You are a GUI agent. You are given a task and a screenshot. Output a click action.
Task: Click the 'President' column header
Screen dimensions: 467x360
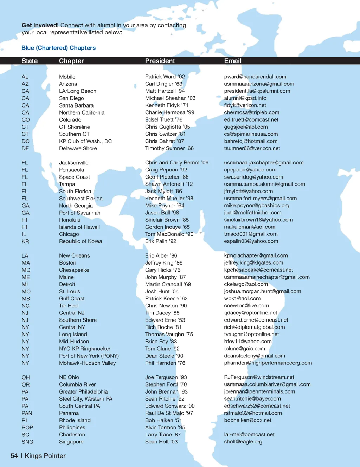pyautogui.click(x=160, y=61)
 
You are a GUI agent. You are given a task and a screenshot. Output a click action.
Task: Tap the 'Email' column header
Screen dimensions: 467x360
pyautogui.click(x=233, y=61)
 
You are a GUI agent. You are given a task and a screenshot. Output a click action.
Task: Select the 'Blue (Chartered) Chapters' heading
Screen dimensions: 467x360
pyautogui.click(x=58, y=48)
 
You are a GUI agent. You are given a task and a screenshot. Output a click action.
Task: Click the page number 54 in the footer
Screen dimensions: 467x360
pyautogui.click(x=14, y=456)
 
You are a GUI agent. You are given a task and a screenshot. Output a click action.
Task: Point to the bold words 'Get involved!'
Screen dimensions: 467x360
pyautogui.click(x=40, y=25)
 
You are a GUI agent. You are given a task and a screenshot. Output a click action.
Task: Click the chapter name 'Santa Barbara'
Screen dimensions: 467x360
pyautogui.click(x=76, y=105)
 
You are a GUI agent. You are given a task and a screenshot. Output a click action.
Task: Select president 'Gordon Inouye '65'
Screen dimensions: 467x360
pyautogui.click(x=167, y=227)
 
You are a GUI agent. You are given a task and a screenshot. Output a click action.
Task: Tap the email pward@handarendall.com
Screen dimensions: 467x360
pyautogui.click(x=255, y=77)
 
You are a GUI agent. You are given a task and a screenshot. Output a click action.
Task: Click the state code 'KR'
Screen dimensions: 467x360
pyautogui.click(x=25, y=241)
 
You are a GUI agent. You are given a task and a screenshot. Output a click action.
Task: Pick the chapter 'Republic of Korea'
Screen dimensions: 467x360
pyautogui.click(x=81, y=241)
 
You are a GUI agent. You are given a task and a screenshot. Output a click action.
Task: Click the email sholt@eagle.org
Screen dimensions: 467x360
pyautogui.click(x=243, y=442)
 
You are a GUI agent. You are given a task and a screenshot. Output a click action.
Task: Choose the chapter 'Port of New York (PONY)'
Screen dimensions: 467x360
pyautogui.click(x=89, y=356)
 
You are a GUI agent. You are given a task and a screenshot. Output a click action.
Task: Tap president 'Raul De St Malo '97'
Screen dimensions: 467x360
pyautogui.click(x=169, y=413)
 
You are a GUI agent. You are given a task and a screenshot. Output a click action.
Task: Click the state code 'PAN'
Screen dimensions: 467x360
pyautogui.click(x=27, y=413)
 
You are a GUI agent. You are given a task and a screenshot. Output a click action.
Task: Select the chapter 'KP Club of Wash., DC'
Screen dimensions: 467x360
pyautogui.click(x=85, y=141)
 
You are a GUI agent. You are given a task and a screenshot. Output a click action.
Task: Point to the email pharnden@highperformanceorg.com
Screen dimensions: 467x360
pyautogui.click(x=268, y=363)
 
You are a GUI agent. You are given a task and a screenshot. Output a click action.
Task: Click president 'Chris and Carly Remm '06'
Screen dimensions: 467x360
pyautogui.click(x=177, y=163)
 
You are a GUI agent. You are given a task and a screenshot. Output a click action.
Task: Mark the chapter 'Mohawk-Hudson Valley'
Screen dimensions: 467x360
pyautogui.click(x=87, y=363)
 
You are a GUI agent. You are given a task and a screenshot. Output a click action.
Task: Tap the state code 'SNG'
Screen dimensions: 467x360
pyautogui.click(x=27, y=442)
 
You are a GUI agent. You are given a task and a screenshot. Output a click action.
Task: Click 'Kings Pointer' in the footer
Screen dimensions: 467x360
pyautogui.click(x=45, y=456)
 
